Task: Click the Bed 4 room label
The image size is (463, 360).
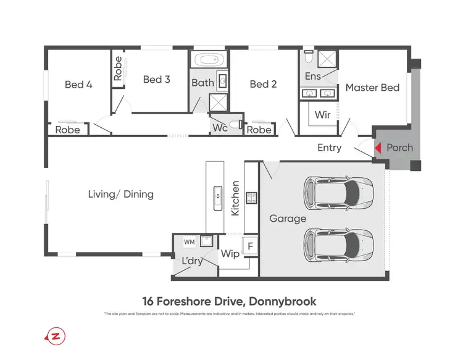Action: (78, 84)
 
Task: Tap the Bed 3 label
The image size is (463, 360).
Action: (156, 79)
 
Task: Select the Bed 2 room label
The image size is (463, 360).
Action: (263, 84)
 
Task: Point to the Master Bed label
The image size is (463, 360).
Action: (372, 88)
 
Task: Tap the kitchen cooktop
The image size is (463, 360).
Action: (252, 198)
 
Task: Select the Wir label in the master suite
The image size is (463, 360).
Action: (322, 115)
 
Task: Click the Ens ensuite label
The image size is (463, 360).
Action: (313, 76)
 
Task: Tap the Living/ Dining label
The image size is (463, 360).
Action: (120, 194)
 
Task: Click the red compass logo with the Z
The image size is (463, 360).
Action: (56, 337)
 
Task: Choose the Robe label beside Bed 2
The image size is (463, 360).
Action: (259, 130)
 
